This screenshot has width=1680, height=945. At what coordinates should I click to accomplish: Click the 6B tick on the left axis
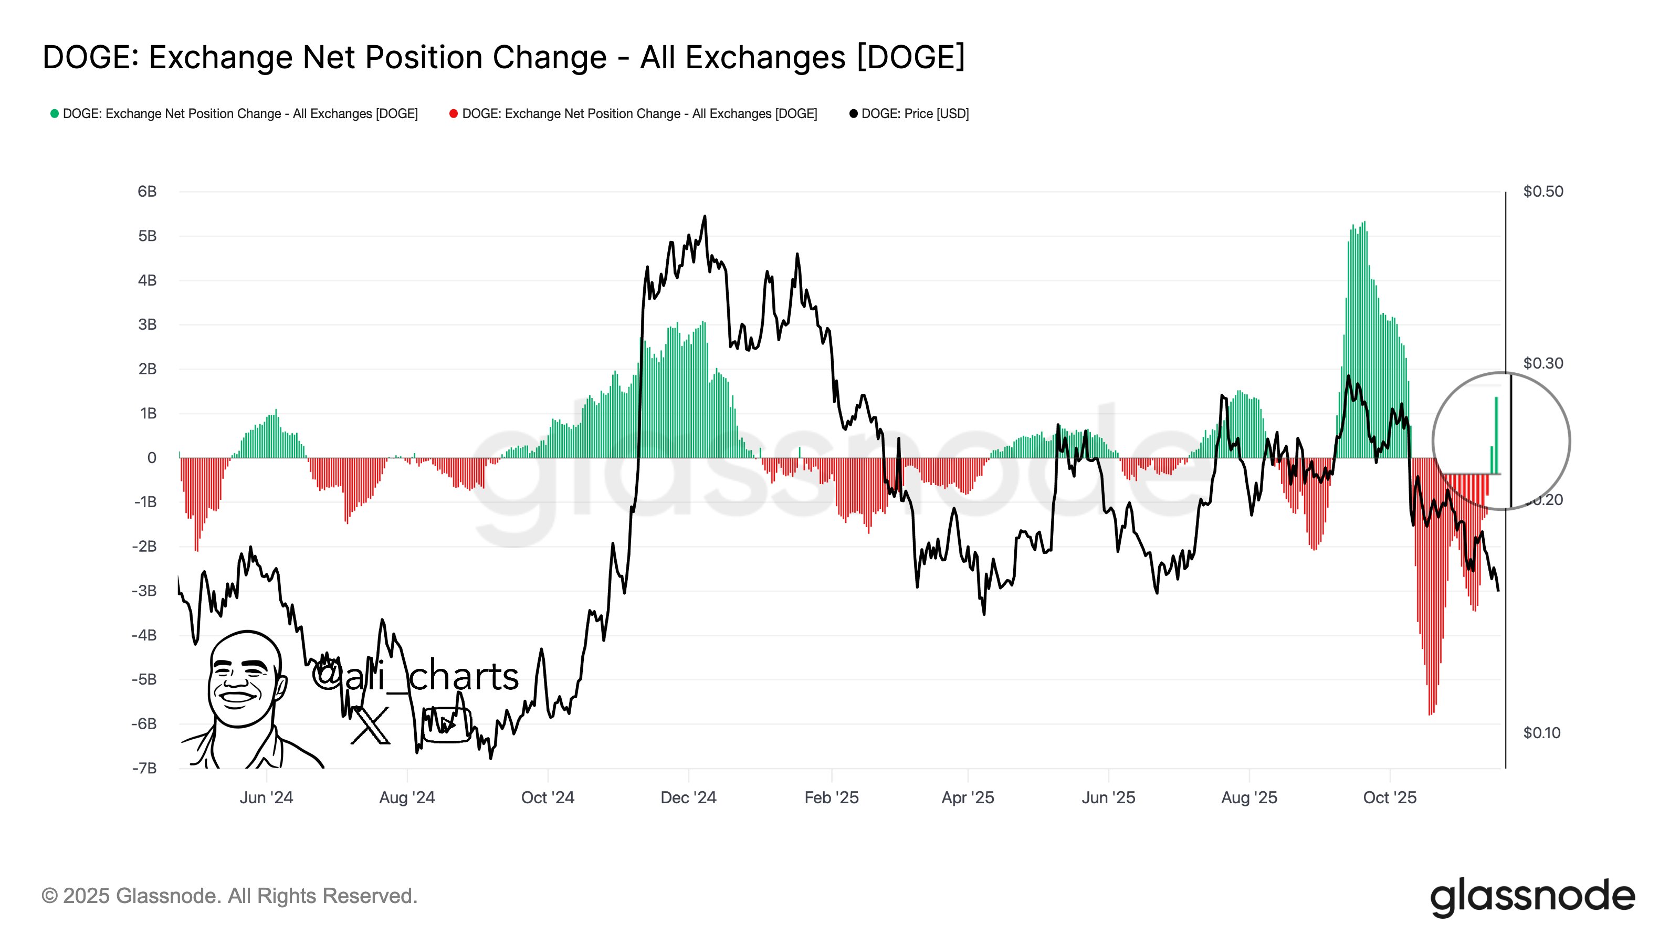[x=147, y=192]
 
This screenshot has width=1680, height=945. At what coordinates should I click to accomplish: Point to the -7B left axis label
[x=144, y=768]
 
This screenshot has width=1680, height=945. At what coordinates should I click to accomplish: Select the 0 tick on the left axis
[x=151, y=458]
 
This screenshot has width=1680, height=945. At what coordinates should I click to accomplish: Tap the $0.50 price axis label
[x=1542, y=192]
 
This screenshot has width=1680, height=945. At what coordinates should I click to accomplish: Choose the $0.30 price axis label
[x=1542, y=363]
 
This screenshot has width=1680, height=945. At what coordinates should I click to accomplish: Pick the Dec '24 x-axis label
[x=688, y=797]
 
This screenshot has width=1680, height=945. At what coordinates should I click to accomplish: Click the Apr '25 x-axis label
[x=967, y=797]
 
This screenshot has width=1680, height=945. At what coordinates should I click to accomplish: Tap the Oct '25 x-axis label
[x=1389, y=797]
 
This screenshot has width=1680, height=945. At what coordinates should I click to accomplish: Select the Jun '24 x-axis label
[x=266, y=797]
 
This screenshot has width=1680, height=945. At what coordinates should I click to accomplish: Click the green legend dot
[x=55, y=113]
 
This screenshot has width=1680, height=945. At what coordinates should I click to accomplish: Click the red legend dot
[x=453, y=113]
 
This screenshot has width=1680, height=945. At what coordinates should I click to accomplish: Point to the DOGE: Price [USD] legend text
[x=915, y=113]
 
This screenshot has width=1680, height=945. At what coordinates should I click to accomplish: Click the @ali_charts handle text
[x=415, y=676]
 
